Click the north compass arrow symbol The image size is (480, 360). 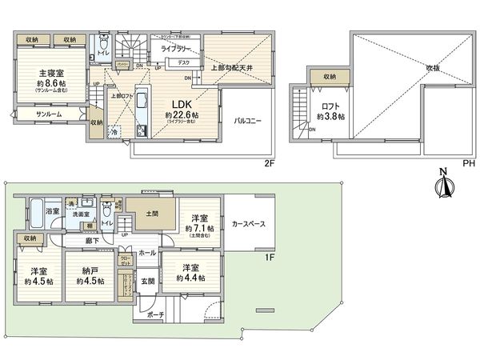(442, 183)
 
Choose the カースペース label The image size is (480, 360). (249, 225)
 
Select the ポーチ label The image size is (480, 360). (154, 315)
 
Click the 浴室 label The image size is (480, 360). (52, 210)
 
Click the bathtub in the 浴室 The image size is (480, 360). (35, 210)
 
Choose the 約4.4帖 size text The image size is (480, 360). (190, 278)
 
